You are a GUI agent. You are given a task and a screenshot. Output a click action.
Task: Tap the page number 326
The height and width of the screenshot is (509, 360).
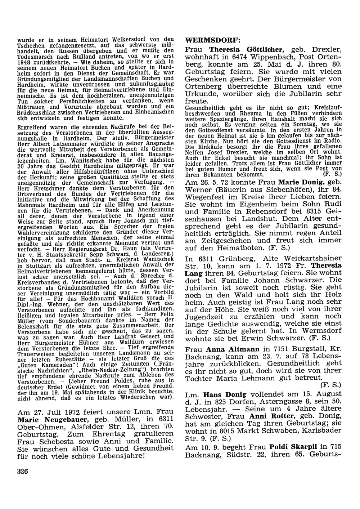[22, 472]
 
